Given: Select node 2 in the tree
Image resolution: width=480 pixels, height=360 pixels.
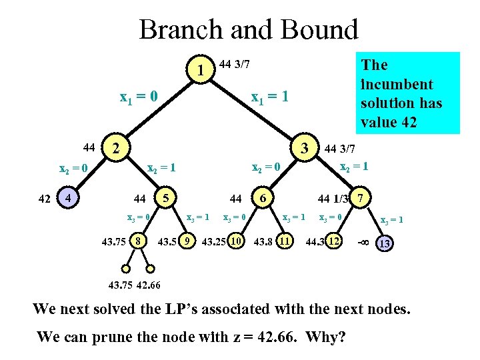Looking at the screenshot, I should coord(117,148).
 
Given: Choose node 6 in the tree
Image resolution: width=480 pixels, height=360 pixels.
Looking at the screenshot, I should coord(263,198).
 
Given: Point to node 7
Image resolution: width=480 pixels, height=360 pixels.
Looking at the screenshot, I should coord(361,198).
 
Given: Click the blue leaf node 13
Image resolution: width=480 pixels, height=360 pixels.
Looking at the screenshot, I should coord(384,244).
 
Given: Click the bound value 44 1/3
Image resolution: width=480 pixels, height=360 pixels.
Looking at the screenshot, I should coord(333,199).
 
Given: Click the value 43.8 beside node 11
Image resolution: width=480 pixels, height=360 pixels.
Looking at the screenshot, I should coord(263,241).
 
